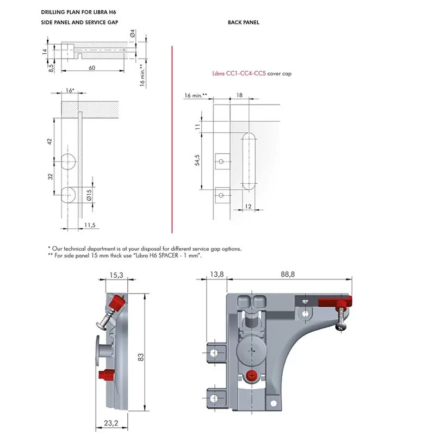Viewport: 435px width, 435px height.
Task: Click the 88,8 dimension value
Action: pyautogui.click(x=288, y=274)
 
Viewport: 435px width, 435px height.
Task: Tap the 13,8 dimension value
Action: pyautogui.click(x=216, y=274)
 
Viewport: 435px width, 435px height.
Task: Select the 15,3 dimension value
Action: pyautogui.click(x=116, y=275)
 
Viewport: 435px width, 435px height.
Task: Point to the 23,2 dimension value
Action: pyautogui.click(x=111, y=423)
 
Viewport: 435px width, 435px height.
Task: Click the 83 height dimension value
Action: pyautogui.click(x=141, y=357)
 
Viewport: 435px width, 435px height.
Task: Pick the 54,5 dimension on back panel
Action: pyautogui.click(x=197, y=160)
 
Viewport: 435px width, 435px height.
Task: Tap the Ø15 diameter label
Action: pyautogui.click(x=89, y=195)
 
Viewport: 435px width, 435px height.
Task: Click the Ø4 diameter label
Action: pyautogui.click(x=133, y=33)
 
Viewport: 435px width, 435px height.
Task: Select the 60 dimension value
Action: pyautogui.click(x=92, y=67)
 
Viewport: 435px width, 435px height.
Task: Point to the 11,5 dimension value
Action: pyautogui.click(x=90, y=225)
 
